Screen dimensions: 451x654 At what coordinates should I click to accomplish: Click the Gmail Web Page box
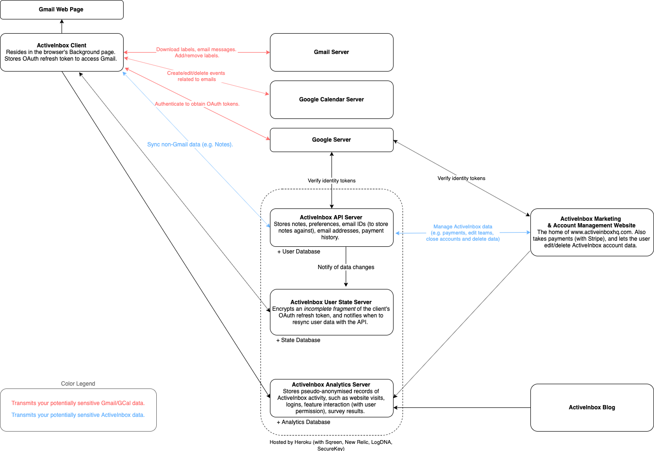(x=62, y=9)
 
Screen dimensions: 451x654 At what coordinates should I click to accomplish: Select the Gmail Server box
(x=331, y=52)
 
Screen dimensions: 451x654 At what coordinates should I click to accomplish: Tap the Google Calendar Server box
(x=331, y=99)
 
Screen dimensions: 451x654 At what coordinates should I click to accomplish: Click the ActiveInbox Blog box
(x=592, y=407)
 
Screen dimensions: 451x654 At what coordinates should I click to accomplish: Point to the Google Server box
(x=331, y=140)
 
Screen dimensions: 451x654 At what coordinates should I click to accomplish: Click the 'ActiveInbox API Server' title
(x=331, y=217)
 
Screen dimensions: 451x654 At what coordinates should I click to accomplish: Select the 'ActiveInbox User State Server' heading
(x=331, y=302)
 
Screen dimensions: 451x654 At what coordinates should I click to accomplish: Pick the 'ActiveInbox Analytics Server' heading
(x=331, y=385)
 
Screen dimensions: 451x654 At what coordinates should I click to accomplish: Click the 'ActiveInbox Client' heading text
(x=62, y=45)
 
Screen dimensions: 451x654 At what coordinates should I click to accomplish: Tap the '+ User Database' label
(x=299, y=252)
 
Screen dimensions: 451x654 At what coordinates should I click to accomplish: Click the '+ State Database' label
(x=298, y=340)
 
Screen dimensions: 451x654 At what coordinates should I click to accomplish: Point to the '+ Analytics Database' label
(x=304, y=422)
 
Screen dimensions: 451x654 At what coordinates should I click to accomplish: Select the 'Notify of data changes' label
(x=346, y=267)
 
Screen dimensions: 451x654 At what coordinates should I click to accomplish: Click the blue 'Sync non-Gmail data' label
(x=190, y=144)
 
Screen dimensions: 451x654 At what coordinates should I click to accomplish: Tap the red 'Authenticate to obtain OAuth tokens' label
(x=197, y=104)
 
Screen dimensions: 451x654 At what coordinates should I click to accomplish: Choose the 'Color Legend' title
(x=78, y=384)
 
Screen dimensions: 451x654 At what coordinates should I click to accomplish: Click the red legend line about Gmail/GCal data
(x=78, y=403)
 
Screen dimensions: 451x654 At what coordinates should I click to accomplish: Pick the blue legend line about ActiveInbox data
(x=78, y=415)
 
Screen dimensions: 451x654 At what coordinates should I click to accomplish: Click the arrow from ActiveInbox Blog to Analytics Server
(x=462, y=407)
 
